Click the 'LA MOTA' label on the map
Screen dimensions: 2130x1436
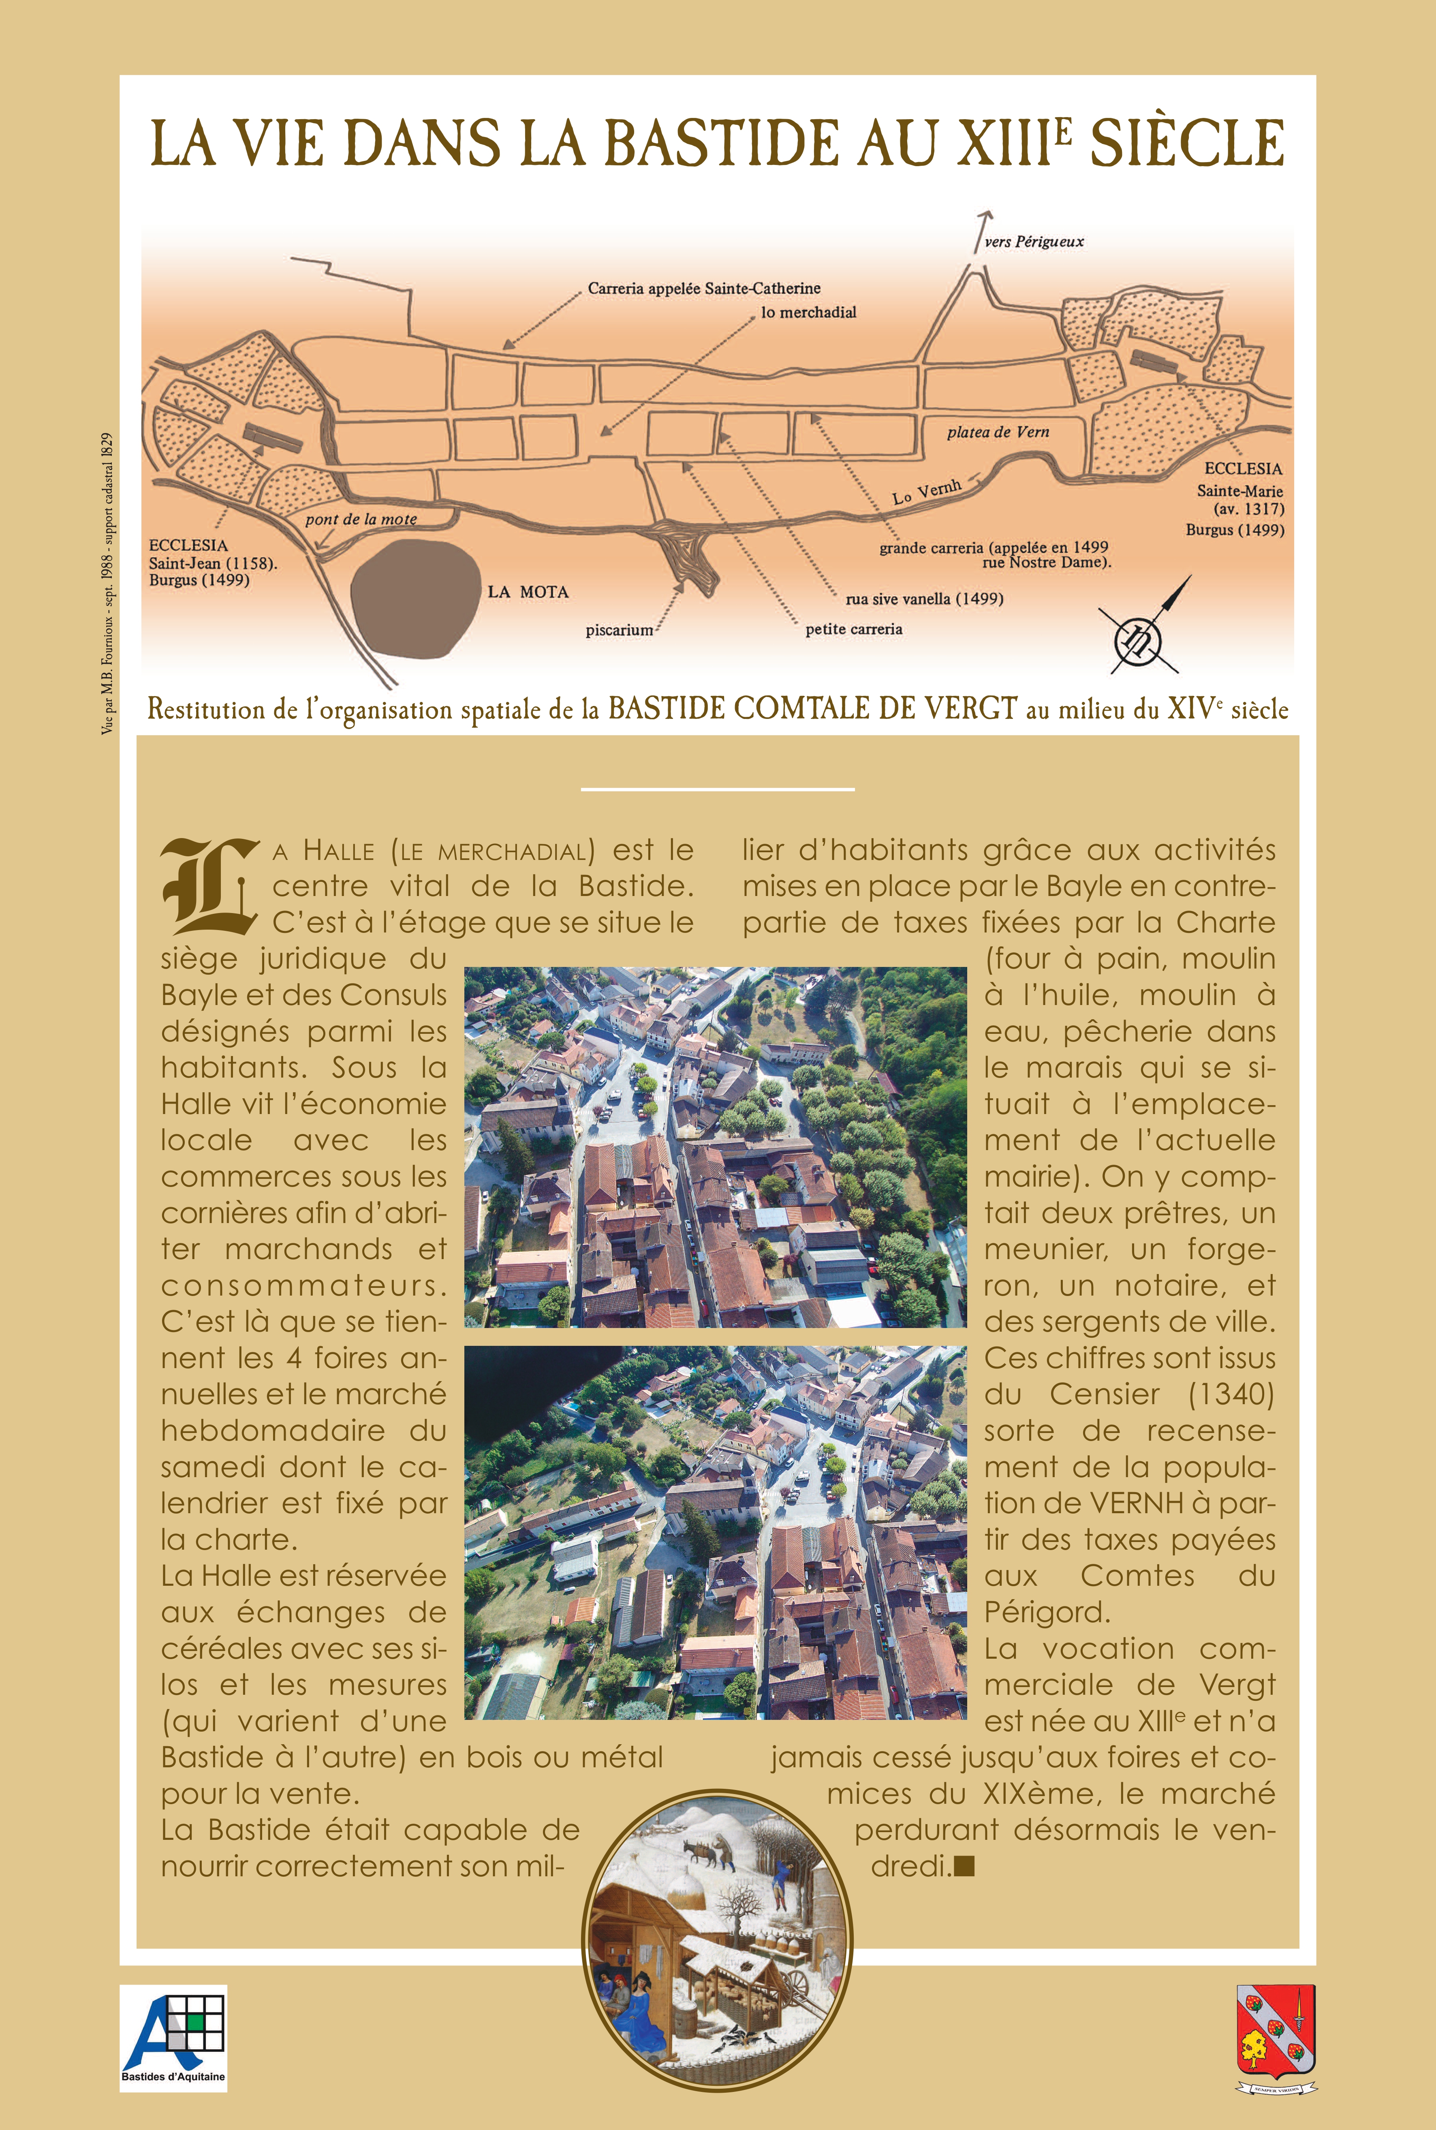coord(528,592)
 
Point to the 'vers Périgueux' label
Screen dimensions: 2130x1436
coord(1034,242)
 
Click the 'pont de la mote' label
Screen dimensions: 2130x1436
coord(361,519)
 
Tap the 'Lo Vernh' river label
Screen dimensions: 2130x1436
coord(927,492)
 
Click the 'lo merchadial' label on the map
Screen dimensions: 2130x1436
coord(808,312)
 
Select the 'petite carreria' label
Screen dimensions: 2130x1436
coord(854,629)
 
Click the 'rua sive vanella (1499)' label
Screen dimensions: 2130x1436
coord(924,599)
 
